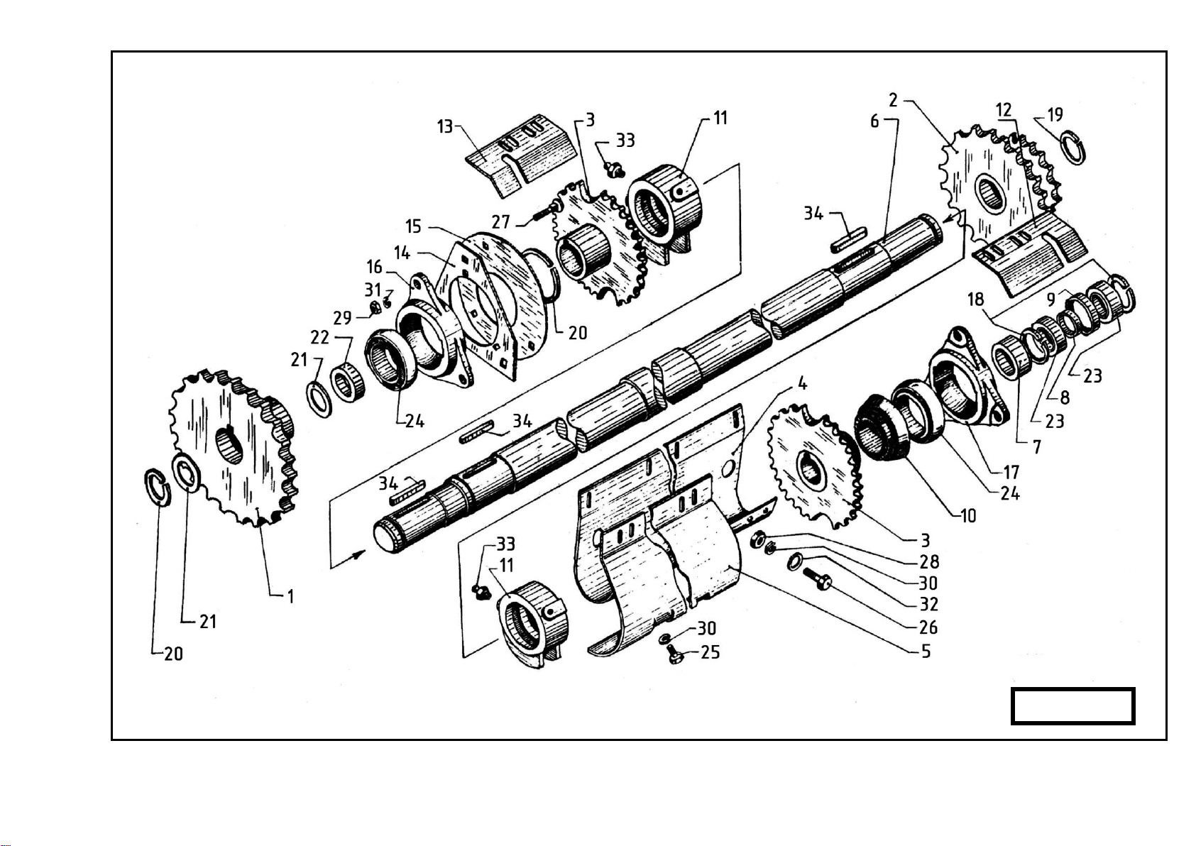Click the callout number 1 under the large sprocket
click(x=290, y=597)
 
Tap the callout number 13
click(x=444, y=126)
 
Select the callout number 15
click(x=413, y=226)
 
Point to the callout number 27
click(x=500, y=221)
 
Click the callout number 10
click(x=968, y=515)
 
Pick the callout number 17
click(x=1011, y=473)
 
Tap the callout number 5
click(x=926, y=652)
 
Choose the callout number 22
click(x=319, y=337)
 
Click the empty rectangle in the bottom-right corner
click(x=1072, y=706)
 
